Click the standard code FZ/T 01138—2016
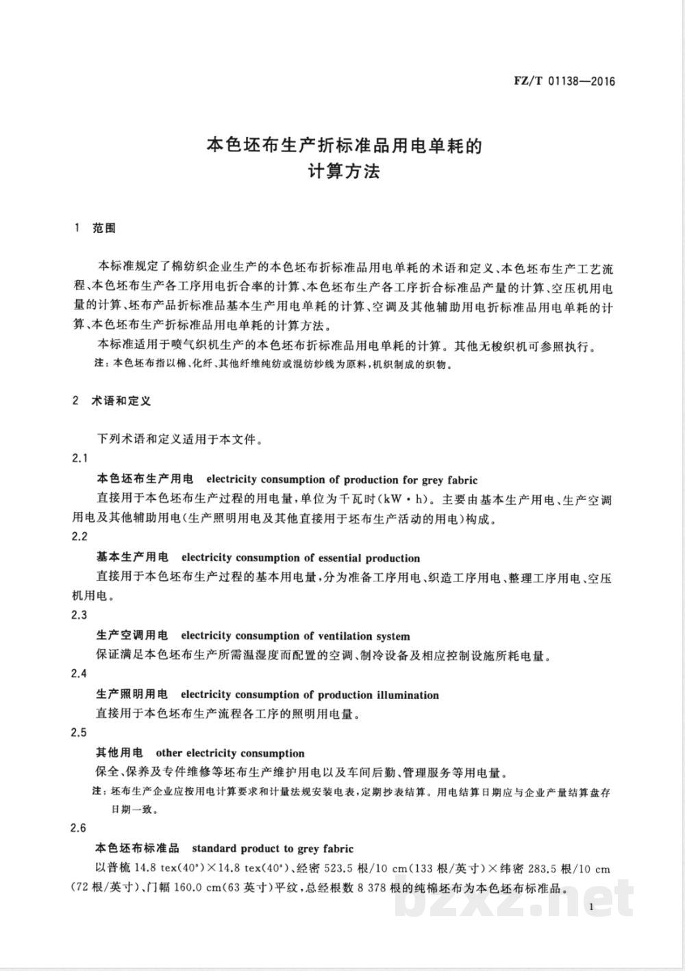(x=564, y=81)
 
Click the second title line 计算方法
(x=343, y=171)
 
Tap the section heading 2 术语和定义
(x=111, y=401)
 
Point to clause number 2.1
(x=79, y=458)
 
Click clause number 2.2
(x=79, y=536)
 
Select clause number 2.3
(x=79, y=615)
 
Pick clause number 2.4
(x=79, y=674)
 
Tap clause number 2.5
(x=79, y=733)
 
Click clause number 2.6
(x=79, y=829)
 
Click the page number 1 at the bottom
(x=589, y=907)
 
